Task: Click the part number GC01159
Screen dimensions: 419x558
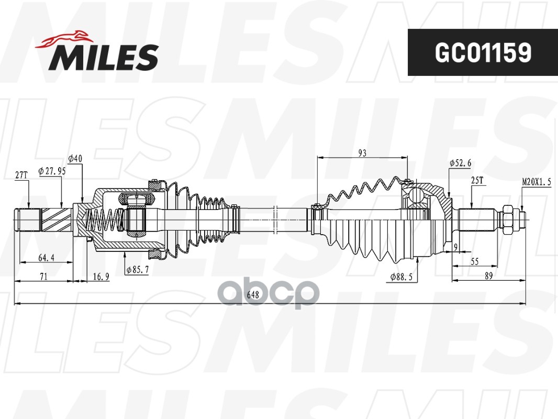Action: click(483, 52)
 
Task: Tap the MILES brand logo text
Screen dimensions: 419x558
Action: click(104, 57)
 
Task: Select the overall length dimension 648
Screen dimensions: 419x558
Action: click(254, 295)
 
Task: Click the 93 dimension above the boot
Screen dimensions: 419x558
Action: click(362, 153)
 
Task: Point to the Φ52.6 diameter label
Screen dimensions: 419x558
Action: click(460, 163)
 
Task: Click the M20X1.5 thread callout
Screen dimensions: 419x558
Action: click(537, 182)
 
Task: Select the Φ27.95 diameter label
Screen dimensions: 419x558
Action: click(52, 170)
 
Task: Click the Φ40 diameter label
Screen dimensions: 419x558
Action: click(75, 158)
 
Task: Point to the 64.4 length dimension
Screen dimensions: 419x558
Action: click(47, 258)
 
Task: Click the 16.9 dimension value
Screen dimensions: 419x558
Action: click(102, 277)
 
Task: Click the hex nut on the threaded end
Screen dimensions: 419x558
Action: click(507, 216)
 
